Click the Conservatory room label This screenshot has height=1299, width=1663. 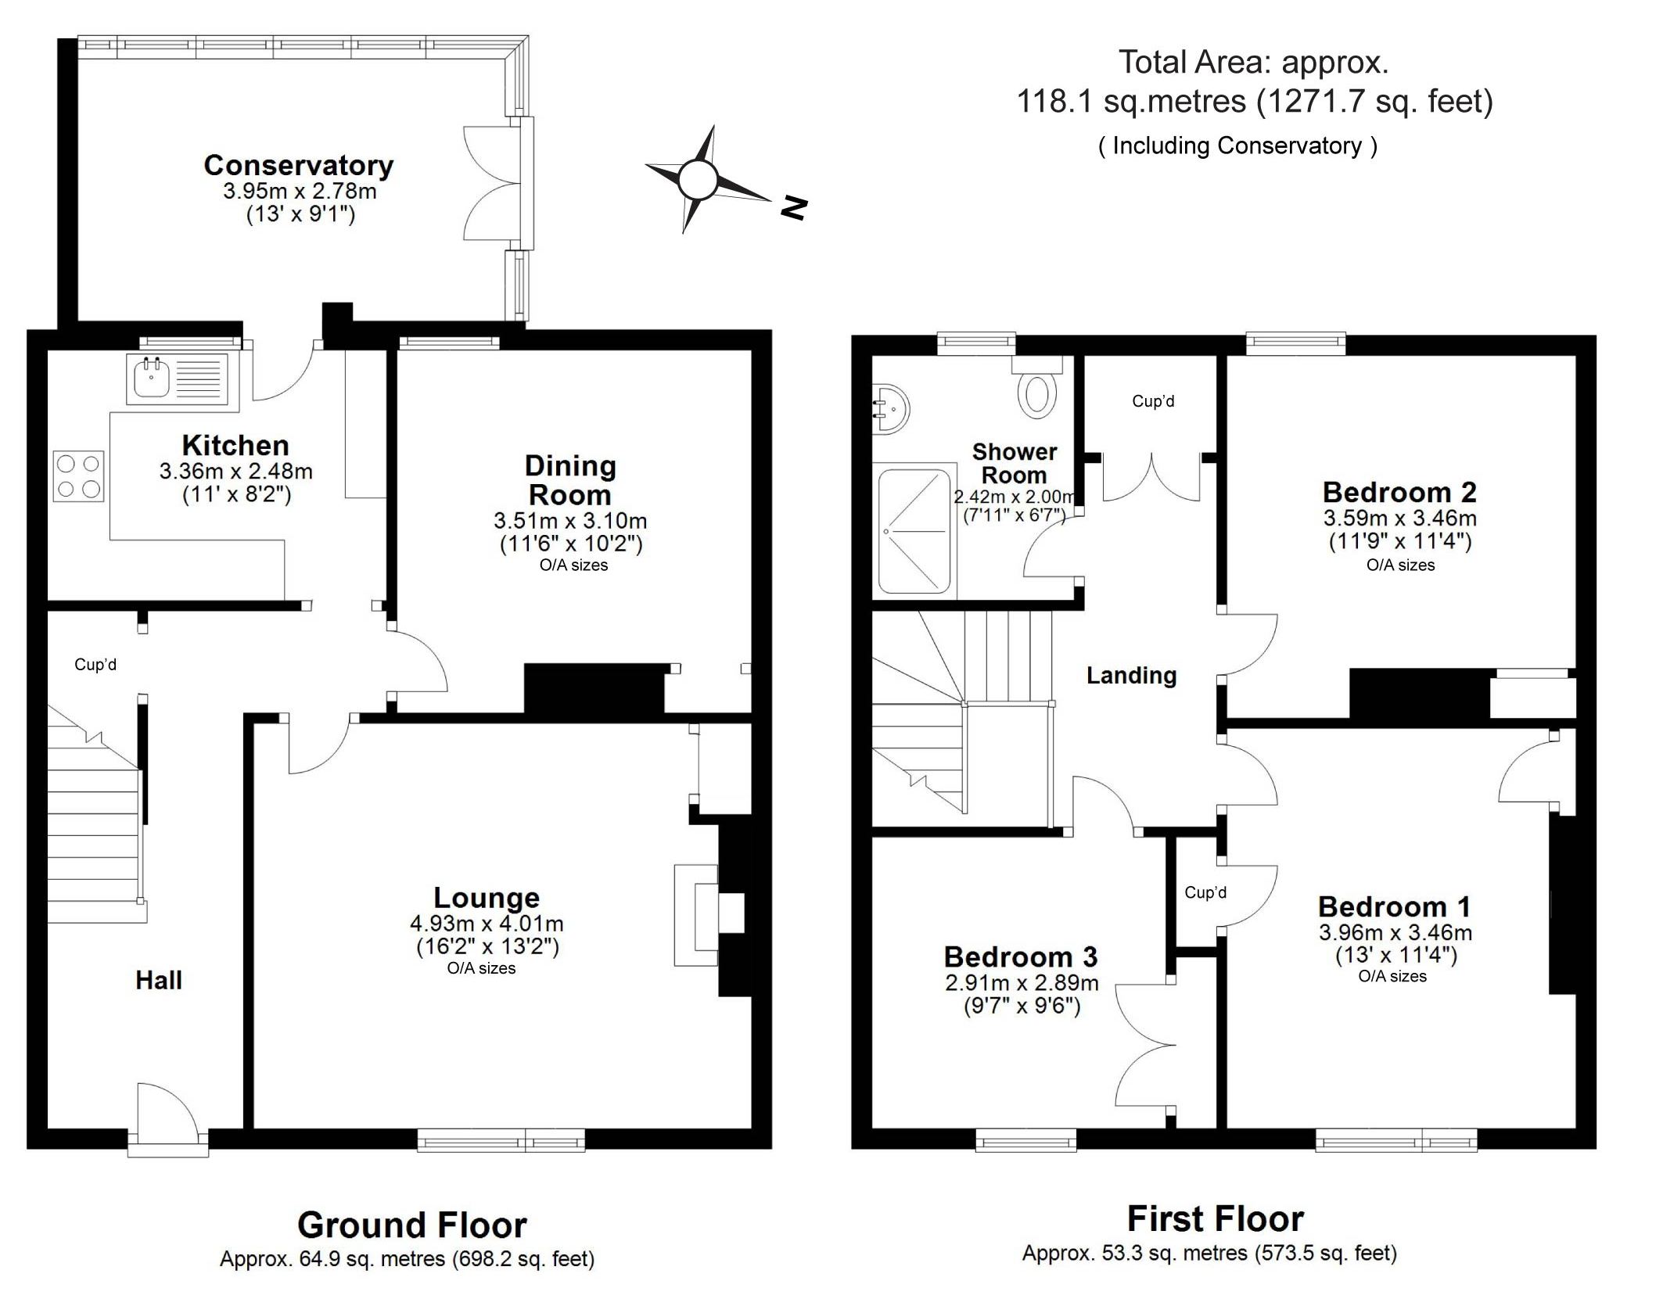click(299, 165)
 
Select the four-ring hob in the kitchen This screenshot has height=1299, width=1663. click(78, 475)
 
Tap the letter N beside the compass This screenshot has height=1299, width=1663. click(793, 208)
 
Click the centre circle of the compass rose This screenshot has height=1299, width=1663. click(698, 180)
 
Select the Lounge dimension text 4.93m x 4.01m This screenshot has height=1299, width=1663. click(487, 924)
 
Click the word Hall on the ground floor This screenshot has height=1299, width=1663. click(159, 980)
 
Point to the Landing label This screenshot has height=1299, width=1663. click(1131, 675)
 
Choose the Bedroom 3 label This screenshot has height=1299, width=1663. click(1021, 956)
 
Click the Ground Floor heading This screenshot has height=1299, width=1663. click(412, 1225)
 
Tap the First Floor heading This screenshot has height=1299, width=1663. click(1216, 1218)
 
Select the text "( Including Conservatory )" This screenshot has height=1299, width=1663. click(1237, 145)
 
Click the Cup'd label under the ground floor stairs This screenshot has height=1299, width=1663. click(95, 664)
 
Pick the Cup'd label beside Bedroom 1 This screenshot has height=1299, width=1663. click(1205, 892)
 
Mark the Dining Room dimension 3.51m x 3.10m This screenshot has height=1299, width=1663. click(570, 521)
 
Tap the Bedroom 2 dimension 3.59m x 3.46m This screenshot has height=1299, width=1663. click(1400, 518)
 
